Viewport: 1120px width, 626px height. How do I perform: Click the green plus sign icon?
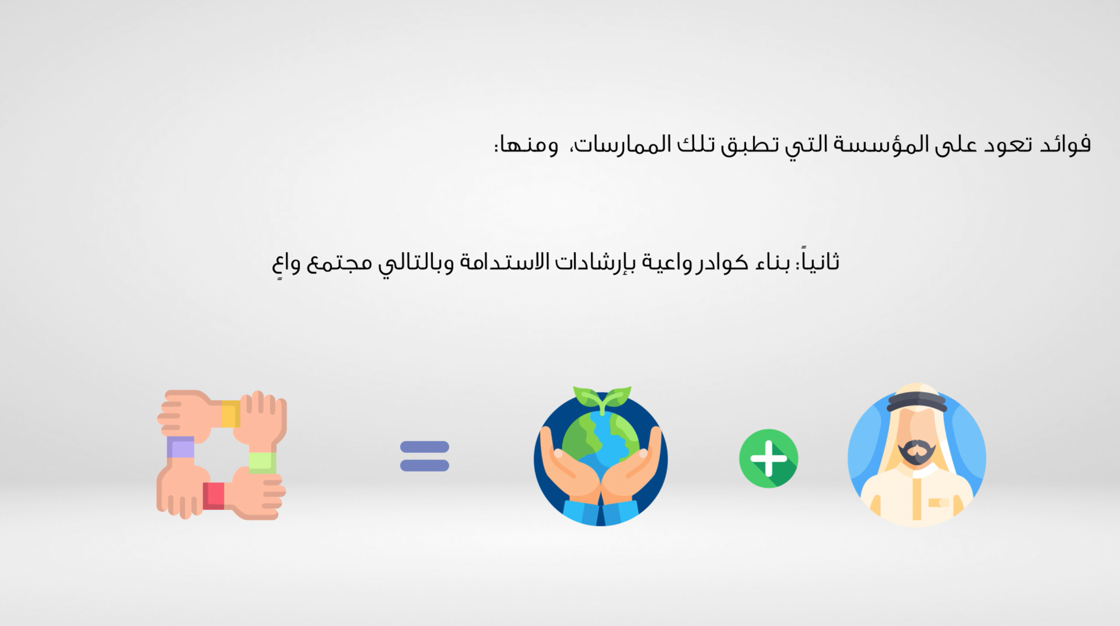point(768,458)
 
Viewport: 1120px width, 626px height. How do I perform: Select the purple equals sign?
point(425,456)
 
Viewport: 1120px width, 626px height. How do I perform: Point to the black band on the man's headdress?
point(917,401)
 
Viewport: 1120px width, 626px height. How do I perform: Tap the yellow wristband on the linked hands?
point(231,414)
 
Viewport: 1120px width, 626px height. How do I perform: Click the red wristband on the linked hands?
point(213,495)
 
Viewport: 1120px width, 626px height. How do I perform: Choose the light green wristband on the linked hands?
point(262,463)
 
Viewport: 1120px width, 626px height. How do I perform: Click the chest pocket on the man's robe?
point(939,502)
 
